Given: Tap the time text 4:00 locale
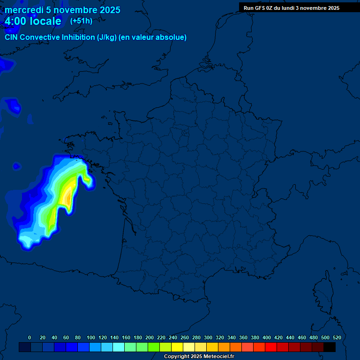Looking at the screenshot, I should click(x=33, y=21).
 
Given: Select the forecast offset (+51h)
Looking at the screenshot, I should click(x=81, y=21).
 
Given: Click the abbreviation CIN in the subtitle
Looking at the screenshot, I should click(x=12, y=37).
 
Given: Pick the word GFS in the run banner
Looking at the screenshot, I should click(x=260, y=8).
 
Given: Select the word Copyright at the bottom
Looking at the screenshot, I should click(x=177, y=357).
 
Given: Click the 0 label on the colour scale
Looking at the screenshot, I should click(x=30, y=337).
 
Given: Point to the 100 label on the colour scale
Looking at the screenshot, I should click(x=91, y=337).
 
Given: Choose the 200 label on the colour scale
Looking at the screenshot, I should click(x=150, y=337).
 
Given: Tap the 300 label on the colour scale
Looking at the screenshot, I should click(x=208, y=337).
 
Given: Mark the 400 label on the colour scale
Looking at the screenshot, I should click(x=267, y=337).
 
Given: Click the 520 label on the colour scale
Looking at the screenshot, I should click(x=337, y=337).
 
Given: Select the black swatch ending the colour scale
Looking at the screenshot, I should click(x=330, y=347).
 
